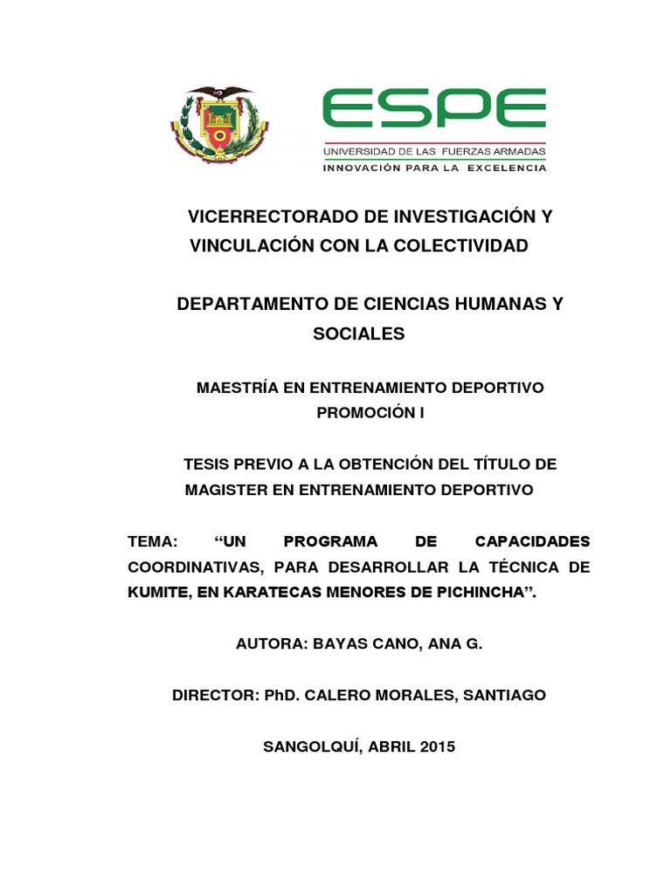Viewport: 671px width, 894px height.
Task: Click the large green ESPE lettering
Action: tap(434, 109)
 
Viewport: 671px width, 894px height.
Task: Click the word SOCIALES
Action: tap(359, 334)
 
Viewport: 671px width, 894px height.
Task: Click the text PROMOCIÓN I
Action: tap(370, 412)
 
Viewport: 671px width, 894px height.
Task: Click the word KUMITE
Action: tap(157, 593)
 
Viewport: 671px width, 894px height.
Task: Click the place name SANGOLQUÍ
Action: tap(312, 747)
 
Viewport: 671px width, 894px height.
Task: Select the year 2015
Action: tap(437, 747)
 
